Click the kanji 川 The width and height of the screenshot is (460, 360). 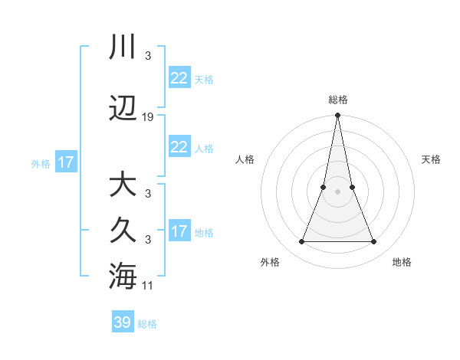tap(123, 48)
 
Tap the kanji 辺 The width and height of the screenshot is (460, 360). tap(123, 110)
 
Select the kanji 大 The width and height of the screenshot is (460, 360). tap(123, 185)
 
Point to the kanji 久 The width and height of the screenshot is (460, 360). tap(123, 230)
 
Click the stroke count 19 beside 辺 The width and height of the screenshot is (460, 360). tap(148, 117)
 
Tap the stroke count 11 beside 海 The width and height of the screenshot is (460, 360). tap(148, 286)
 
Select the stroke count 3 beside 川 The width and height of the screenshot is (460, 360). tap(147, 56)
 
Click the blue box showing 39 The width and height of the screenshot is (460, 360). tap(123, 322)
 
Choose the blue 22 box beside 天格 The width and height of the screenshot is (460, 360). tap(179, 78)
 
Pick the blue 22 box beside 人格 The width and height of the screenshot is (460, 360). tap(179, 147)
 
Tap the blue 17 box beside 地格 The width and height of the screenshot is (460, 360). tap(179, 231)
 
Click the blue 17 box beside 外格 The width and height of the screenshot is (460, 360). tap(65, 162)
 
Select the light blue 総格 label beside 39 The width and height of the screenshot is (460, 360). tap(147, 324)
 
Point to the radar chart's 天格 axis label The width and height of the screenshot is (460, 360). tap(431, 159)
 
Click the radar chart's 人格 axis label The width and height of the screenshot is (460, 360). tap(245, 159)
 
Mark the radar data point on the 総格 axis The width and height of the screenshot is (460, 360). tap(337, 116)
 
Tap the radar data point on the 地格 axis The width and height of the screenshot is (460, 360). tap(373, 242)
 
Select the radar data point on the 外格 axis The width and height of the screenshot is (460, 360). tap(301, 242)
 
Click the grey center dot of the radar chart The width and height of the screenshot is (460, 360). tap(337, 192)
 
